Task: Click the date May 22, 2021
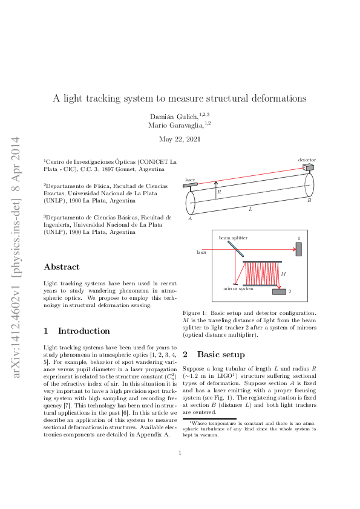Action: point(179,140)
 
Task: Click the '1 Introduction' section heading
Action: point(77,331)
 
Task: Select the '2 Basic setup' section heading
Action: point(214,354)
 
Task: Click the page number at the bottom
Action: point(180,469)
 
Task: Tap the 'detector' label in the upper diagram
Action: point(307,160)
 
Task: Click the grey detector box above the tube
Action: point(309,167)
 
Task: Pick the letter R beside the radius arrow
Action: point(219,192)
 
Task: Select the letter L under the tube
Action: point(250,209)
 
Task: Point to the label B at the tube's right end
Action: point(309,200)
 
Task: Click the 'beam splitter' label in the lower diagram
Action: point(233,239)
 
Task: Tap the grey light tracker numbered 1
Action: point(298,249)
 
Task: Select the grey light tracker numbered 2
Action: point(279,292)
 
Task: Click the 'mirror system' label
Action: point(238,290)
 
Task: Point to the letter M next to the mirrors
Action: point(284,274)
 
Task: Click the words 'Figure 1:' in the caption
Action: point(195,313)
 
